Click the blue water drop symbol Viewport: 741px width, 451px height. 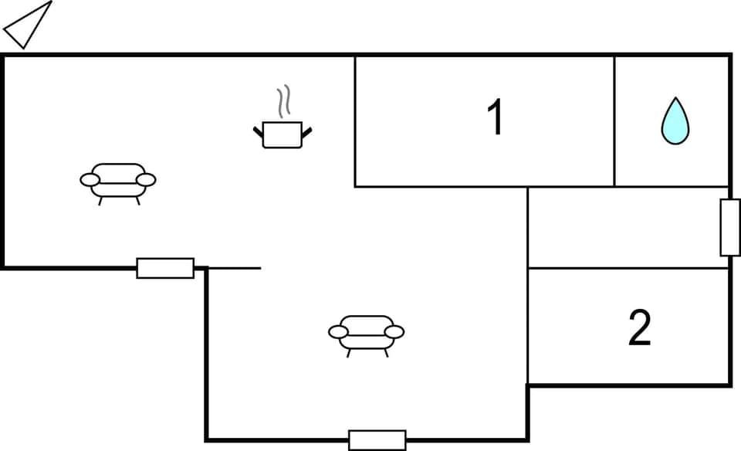(675, 121)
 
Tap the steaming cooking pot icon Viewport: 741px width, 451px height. (283, 133)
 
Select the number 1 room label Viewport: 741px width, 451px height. (495, 118)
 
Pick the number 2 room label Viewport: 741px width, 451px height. (639, 327)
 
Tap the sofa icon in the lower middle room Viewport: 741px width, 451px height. (366, 333)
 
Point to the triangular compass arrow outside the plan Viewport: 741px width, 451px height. (28, 25)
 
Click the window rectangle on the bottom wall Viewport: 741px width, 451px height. (377, 439)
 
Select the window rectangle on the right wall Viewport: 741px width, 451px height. (729, 227)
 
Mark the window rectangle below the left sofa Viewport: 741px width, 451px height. (165, 268)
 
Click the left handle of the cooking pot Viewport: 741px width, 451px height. (258, 132)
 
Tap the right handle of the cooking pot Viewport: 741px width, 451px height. (307, 132)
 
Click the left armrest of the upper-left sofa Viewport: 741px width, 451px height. (90, 180)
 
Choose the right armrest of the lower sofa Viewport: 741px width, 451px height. (394, 332)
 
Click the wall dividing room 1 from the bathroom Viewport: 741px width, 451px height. (614, 121)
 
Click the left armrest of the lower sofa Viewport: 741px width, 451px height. (338, 332)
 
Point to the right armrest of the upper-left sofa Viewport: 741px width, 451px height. (146, 180)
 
